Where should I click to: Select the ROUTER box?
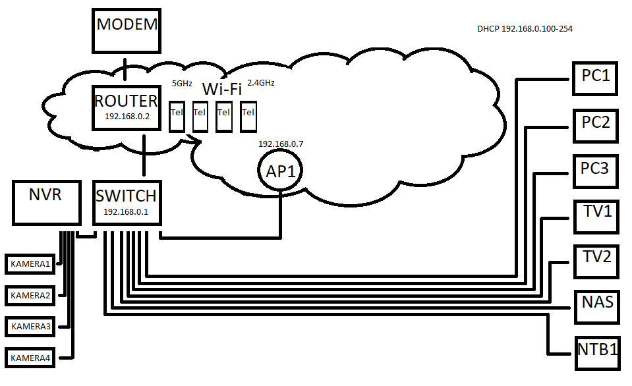[126, 107]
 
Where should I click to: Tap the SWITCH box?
[126, 202]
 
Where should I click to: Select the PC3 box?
[596, 171]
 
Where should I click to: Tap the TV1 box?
[596, 215]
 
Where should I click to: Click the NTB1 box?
[597, 351]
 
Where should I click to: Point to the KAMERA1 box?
[30, 264]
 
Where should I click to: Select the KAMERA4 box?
[30, 358]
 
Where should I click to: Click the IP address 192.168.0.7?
[281, 143]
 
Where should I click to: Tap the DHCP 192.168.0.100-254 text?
[529, 30]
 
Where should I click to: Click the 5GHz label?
[182, 84]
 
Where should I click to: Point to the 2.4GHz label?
[261, 84]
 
